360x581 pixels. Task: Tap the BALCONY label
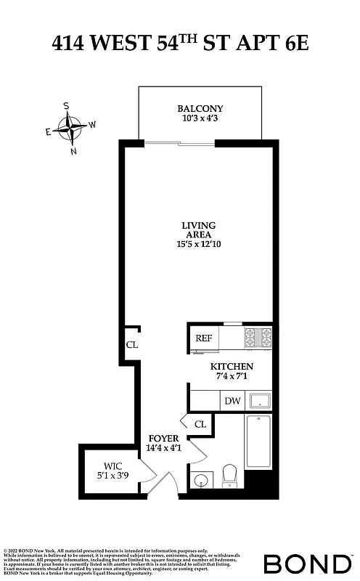[200, 109]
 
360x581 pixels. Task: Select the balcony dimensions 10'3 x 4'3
[200, 119]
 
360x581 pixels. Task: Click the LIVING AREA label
[198, 230]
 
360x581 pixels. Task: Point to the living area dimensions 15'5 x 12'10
[198, 245]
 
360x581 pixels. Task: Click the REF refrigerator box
[204, 338]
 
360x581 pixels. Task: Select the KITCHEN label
[232, 367]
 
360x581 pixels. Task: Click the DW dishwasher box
[232, 401]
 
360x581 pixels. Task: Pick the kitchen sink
[259, 401]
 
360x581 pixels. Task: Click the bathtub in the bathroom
[258, 442]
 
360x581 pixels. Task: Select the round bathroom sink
[200, 479]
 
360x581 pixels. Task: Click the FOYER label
[164, 438]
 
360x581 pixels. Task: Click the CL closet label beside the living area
[131, 345]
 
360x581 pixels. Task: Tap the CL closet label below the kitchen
[200, 423]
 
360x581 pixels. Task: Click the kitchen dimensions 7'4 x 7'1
[232, 378]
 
